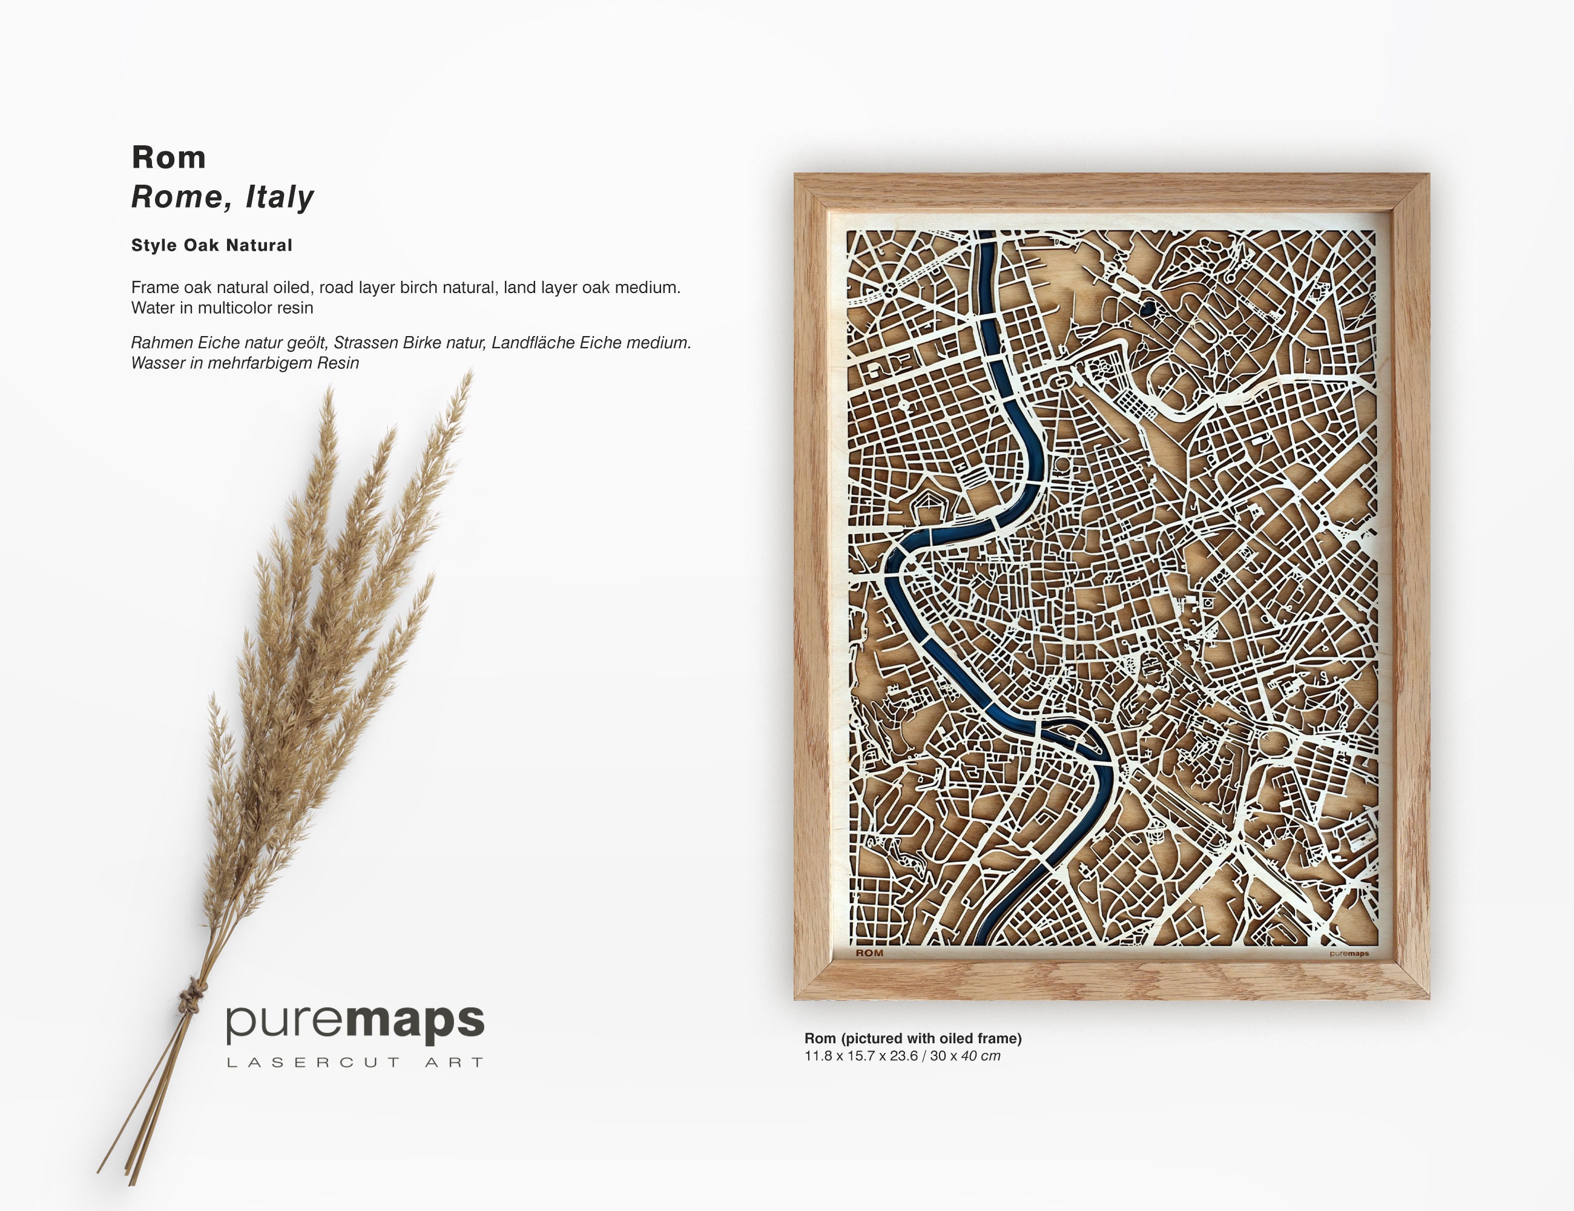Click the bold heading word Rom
coord(169,158)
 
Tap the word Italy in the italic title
coord(280,197)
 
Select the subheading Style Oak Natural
coord(211,245)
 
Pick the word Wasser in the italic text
coord(158,363)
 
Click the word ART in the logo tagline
coord(454,1063)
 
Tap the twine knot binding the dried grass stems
coord(193,998)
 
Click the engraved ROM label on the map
coord(869,953)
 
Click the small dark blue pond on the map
coord(1147,309)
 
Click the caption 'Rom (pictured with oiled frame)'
coord(912,1038)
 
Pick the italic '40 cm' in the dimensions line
coord(980,1056)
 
